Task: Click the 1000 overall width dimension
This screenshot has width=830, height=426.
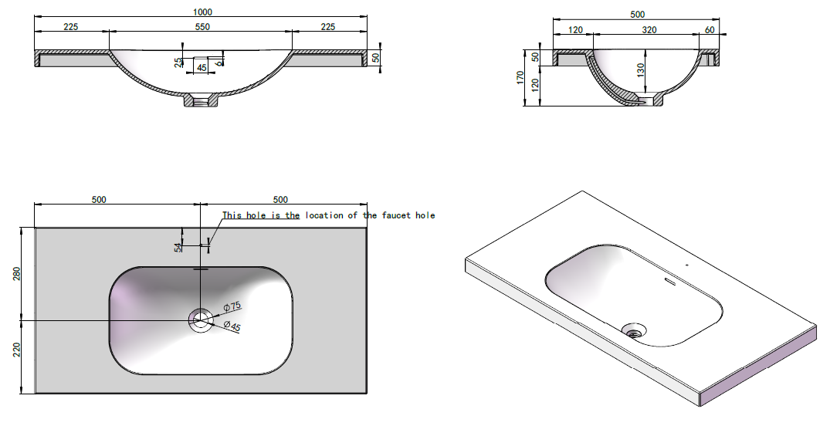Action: (x=203, y=12)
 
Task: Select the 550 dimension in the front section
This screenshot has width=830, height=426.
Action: (x=202, y=26)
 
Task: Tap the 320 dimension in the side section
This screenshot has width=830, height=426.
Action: (x=649, y=29)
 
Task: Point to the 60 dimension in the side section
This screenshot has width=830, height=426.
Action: (x=710, y=29)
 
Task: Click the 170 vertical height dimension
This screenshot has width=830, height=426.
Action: (x=520, y=78)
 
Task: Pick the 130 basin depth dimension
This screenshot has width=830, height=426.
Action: (x=641, y=70)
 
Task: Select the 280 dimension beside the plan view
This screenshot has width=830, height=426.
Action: (x=16, y=274)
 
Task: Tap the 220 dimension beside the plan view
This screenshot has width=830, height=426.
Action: (x=16, y=350)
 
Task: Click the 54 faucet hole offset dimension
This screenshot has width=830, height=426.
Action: (x=178, y=247)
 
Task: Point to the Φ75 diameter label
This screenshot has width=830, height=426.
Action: (x=232, y=306)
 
